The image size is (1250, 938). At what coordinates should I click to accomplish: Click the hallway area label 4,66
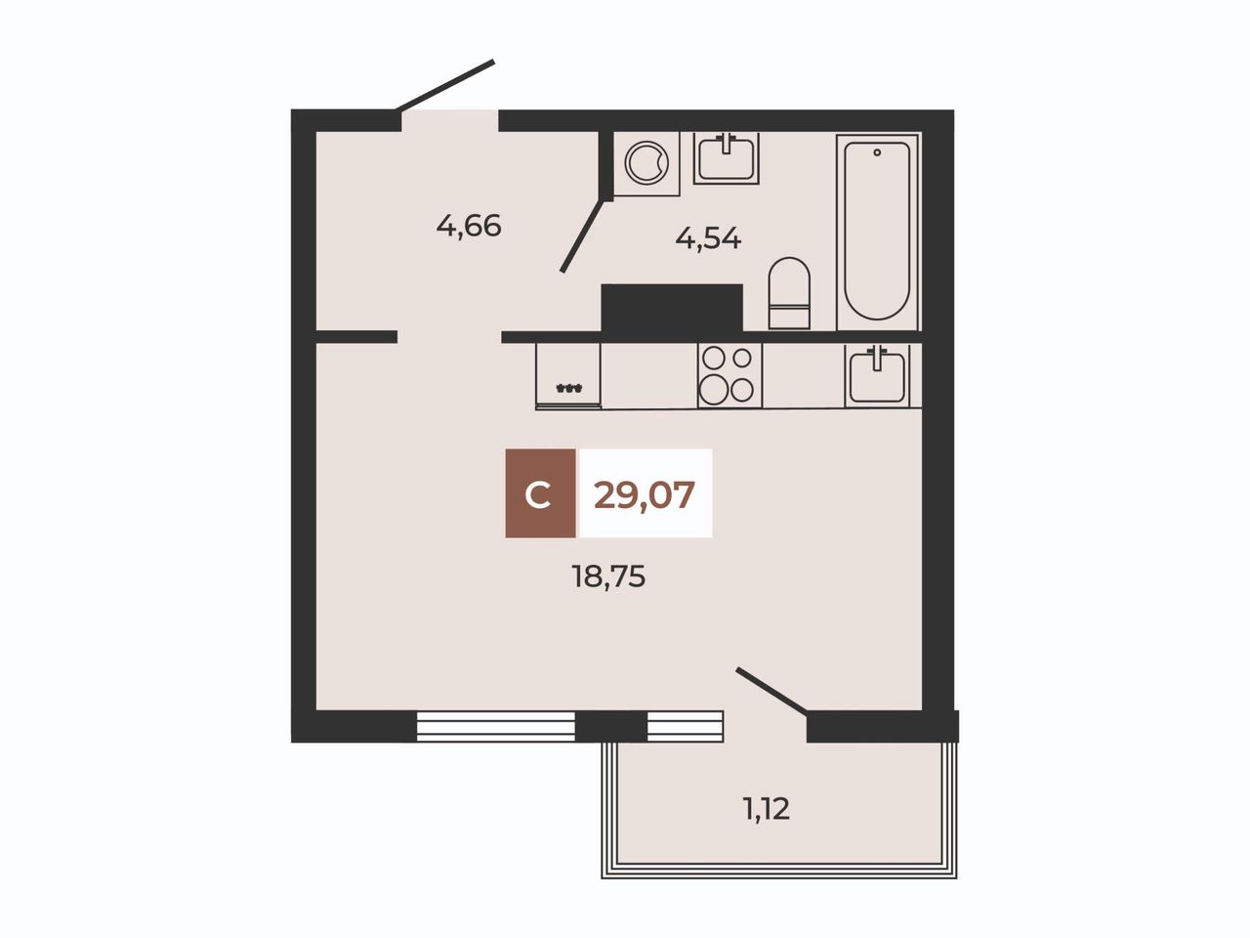tap(469, 226)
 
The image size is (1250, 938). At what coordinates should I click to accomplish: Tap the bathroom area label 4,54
tap(708, 238)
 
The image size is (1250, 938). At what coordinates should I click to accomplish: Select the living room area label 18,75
tap(608, 576)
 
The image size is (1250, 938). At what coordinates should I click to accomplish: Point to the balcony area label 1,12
tap(767, 809)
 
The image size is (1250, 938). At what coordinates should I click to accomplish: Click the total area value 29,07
tap(645, 495)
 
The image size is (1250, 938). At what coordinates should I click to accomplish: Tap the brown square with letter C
tap(540, 493)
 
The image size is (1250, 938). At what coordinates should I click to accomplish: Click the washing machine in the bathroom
tap(646, 163)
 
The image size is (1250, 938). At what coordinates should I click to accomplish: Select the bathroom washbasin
tap(727, 158)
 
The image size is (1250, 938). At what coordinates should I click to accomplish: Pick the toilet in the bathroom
tap(789, 293)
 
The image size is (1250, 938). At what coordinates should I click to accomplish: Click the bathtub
tap(877, 232)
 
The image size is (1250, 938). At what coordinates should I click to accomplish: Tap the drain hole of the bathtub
tap(877, 152)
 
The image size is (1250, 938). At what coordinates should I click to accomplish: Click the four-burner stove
tap(729, 375)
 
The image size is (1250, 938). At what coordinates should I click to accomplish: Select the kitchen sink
tap(877, 375)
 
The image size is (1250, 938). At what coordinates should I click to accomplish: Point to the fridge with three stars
tap(568, 376)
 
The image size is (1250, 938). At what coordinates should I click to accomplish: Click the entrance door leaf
tap(445, 85)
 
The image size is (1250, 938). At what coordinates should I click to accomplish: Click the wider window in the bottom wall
tap(495, 726)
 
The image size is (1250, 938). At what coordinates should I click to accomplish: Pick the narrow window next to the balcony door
tap(686, 726)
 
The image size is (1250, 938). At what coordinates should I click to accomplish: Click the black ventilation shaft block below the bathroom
tap(672, 308)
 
